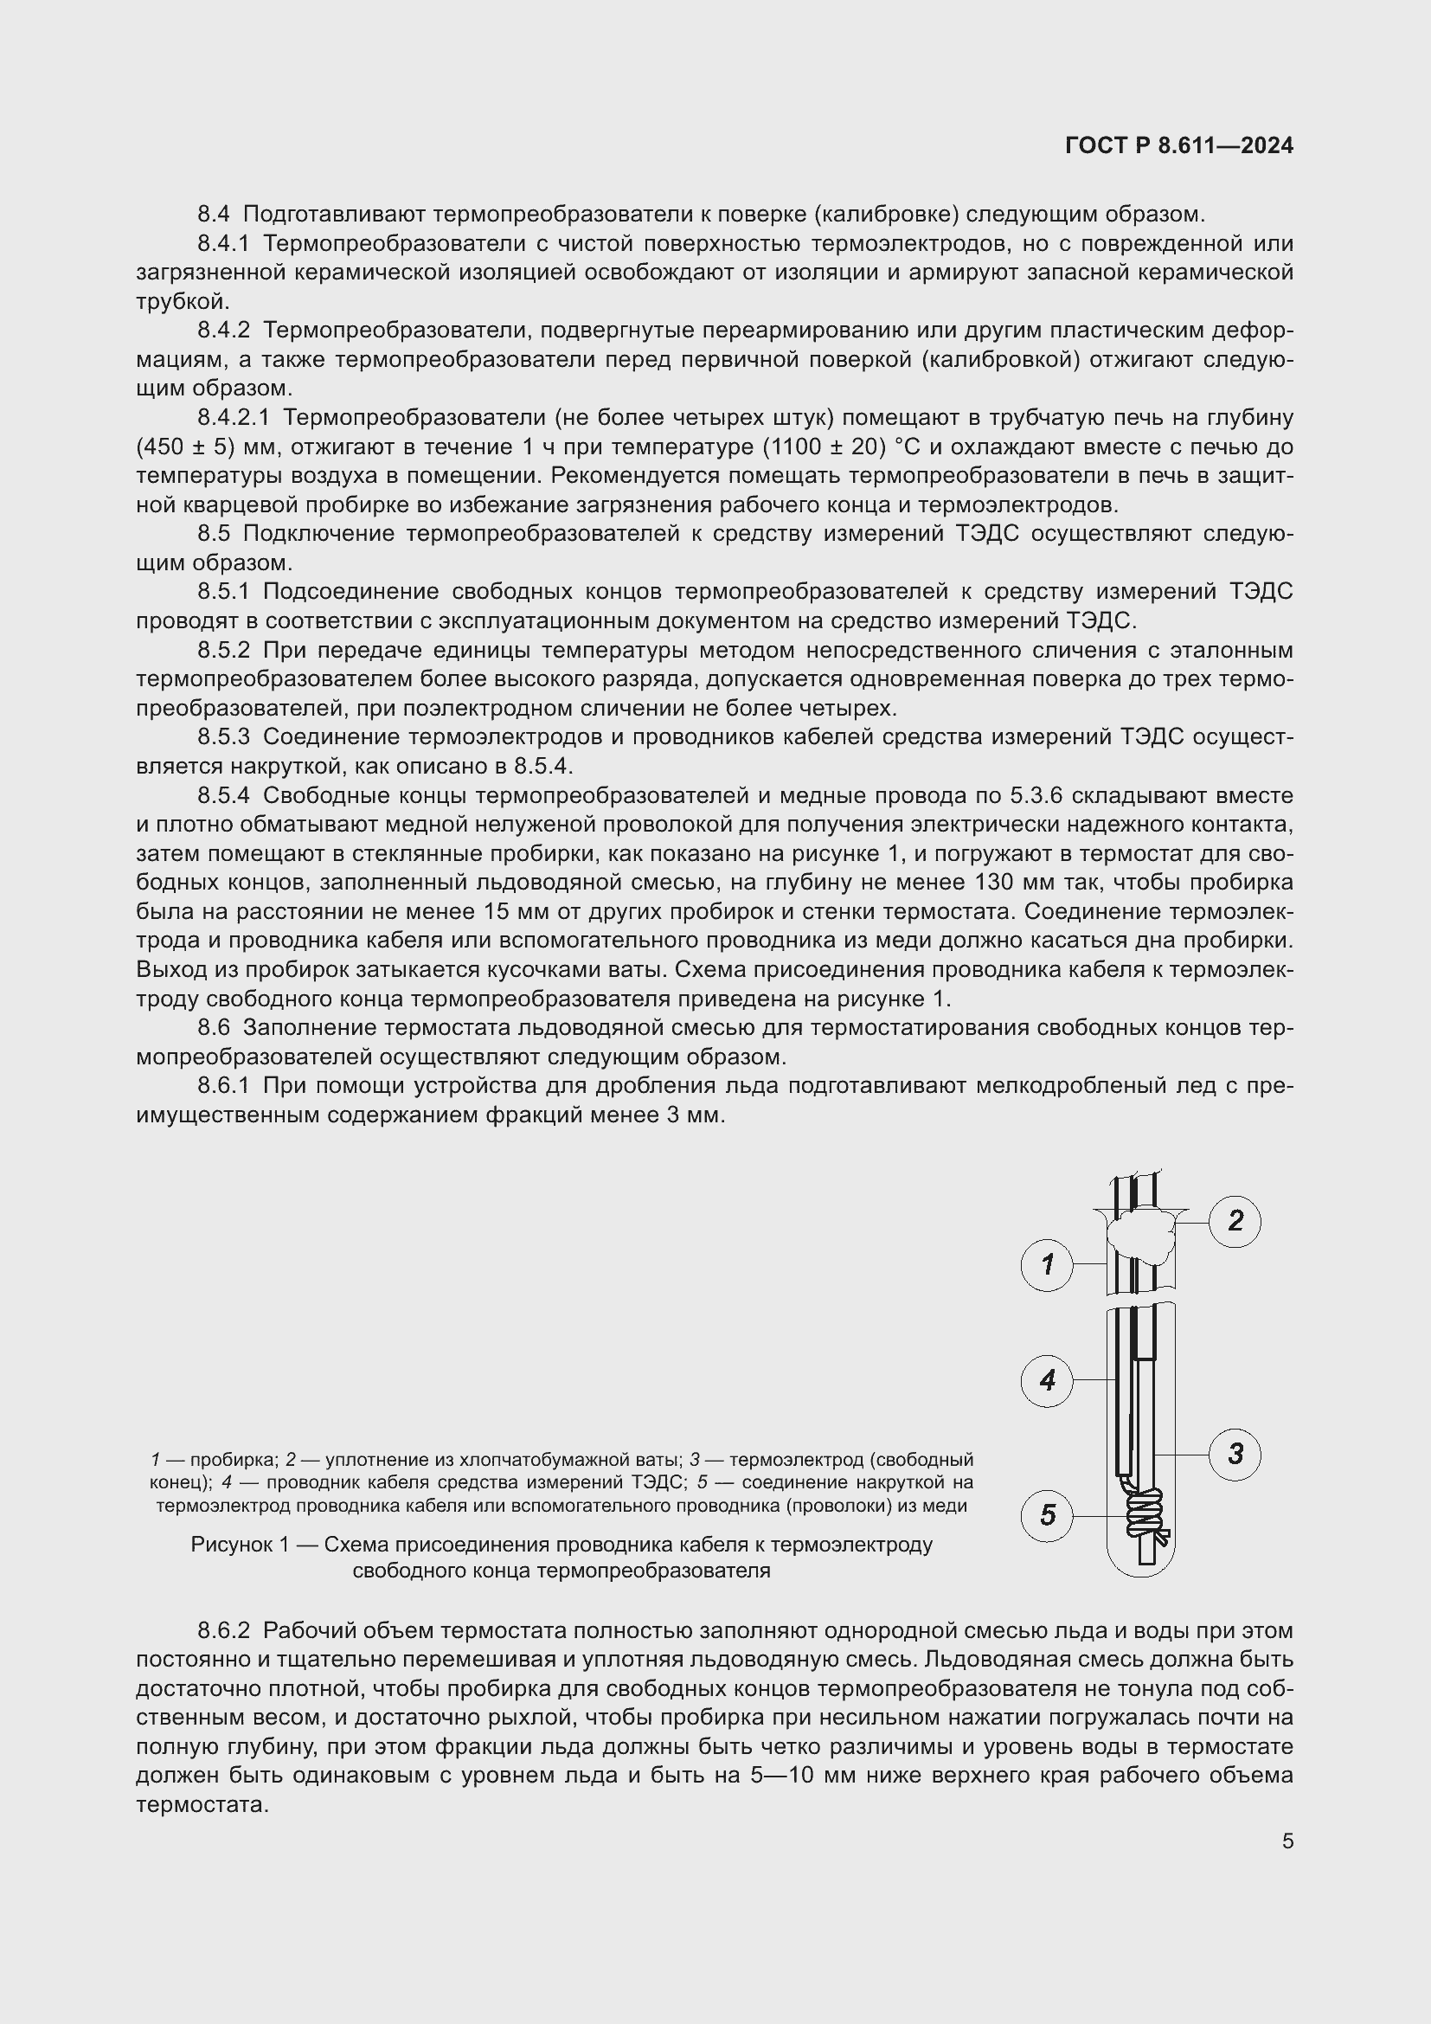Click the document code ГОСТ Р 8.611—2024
click(1179, 145)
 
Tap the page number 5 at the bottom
click(1287, 1841)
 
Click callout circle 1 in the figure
click(1047, 1265)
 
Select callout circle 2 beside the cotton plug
click(1235, 1221)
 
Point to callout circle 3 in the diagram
click(1235, 1454)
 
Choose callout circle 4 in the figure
click(1047, 1379)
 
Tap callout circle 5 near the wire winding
click(1047, 1515)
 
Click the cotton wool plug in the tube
click(1142, 1233)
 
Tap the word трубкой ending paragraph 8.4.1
click(183, 301)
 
